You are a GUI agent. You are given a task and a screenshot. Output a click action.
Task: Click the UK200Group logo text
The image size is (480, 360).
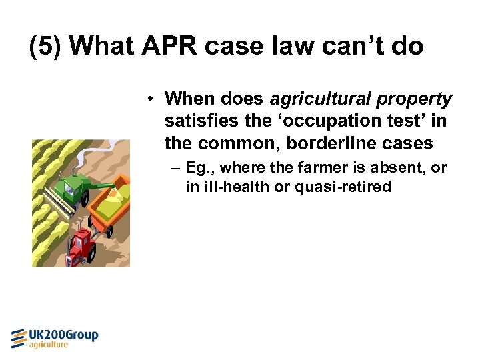[64, 335]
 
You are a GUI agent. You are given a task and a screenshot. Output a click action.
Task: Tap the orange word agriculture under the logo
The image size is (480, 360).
[49, 345]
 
